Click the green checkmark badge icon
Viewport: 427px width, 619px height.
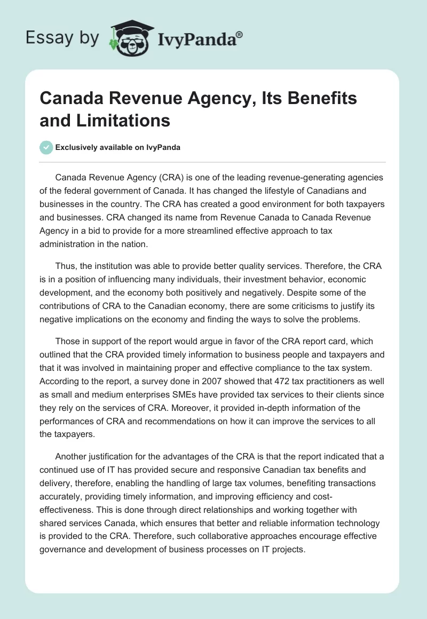pyautogui.click(x=46, y=147)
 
